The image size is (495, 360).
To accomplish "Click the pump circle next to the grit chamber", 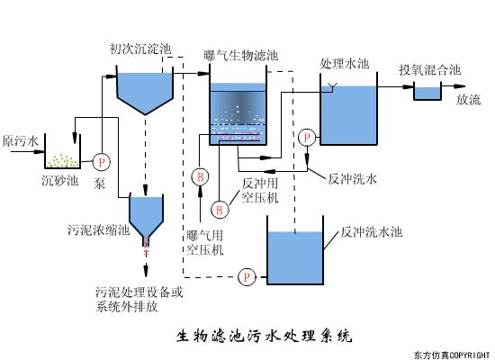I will pyautogui.click(x=101, y=161).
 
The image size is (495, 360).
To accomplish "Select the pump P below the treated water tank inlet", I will pyautogui.click(x=308, y=137).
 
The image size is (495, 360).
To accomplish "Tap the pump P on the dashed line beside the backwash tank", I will pyautogui.click(x=246, y=276).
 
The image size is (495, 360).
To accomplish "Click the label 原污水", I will pyautogui.click(x=20, y=142).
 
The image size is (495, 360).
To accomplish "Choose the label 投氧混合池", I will pyautogui.click(x=430, y=69).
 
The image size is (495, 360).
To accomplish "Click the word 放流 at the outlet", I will pyautogui.click(x=468, y=100).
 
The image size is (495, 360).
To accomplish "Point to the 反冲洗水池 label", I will pyautogui.click(x=372, y=231).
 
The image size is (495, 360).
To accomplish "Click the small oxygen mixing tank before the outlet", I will pyautogui.click(x=427, y=92).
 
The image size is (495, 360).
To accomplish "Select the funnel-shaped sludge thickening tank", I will pyautogui.click(x=146, y=214).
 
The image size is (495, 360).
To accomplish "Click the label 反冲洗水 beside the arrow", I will pyautogui.click(x=352, y=178).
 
